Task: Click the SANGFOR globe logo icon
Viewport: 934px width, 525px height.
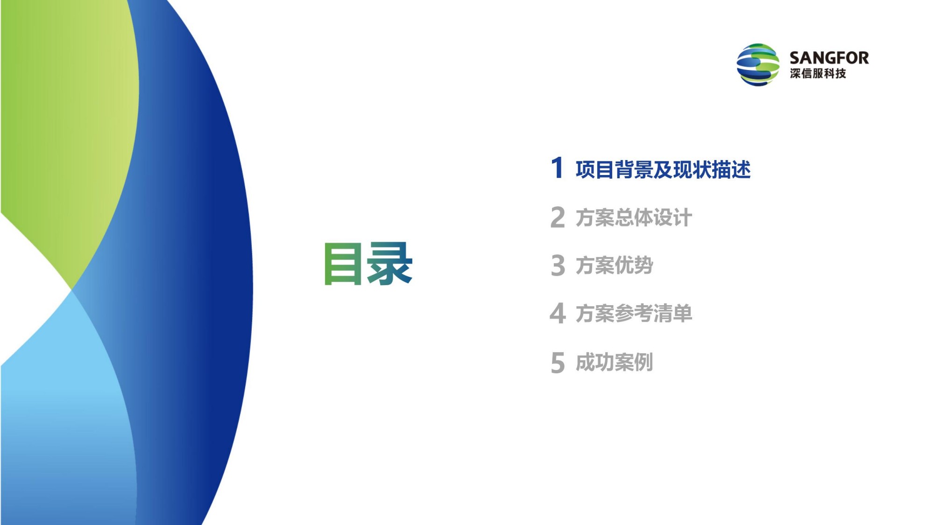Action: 757,65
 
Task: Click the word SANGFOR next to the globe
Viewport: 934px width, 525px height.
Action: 829,58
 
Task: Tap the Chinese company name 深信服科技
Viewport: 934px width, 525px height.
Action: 818,74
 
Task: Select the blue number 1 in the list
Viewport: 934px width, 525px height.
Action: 557,168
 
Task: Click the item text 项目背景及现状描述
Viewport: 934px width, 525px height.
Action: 663,169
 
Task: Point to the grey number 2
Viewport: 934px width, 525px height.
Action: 558,217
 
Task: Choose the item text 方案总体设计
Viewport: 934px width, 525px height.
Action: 634,218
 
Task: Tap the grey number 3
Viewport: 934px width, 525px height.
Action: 558,266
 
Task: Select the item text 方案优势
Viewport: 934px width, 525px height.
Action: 615,266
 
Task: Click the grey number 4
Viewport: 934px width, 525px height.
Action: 558,313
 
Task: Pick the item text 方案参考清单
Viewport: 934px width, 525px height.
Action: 634,314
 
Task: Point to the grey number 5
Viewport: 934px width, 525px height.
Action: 558,363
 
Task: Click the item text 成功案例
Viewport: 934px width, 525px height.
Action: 615,363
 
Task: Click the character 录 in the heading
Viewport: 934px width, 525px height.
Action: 390,263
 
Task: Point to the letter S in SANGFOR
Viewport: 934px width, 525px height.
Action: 795,58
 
